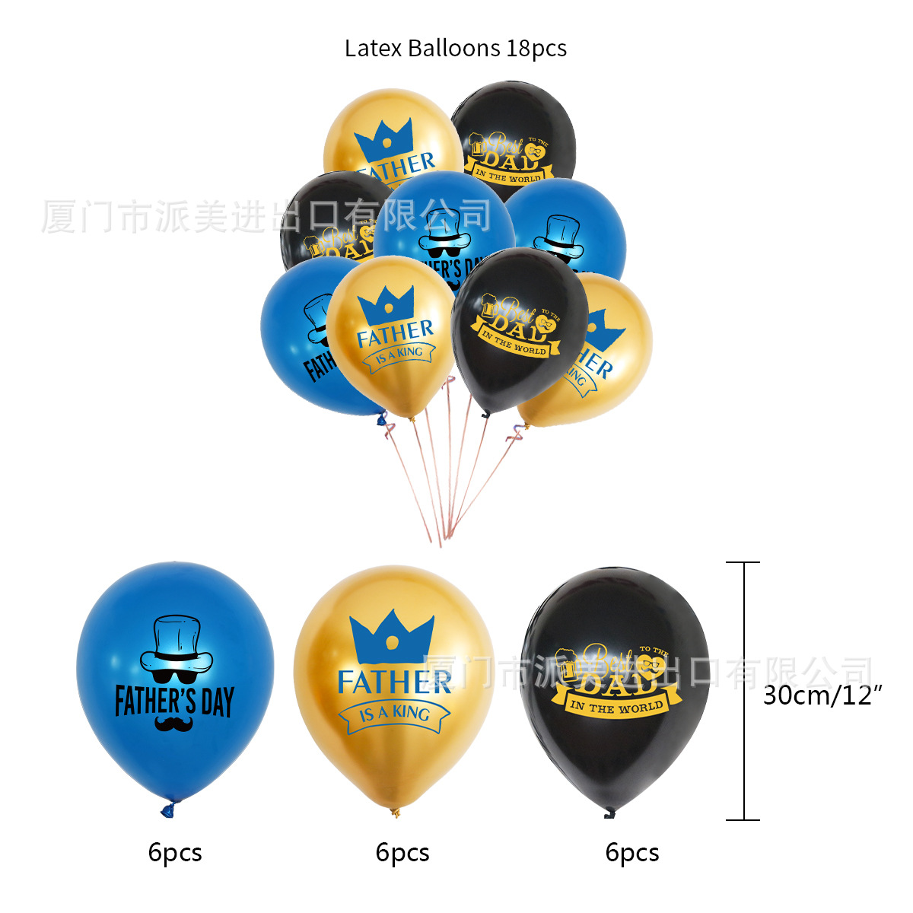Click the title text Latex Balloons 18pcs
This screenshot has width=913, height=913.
coord(455,49)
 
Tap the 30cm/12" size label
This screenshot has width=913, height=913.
coord(822,695)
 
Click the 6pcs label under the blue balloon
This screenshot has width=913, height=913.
coord(175,852)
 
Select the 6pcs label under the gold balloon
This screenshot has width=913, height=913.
coord(402,852)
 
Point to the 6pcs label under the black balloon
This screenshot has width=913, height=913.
coord(632,852)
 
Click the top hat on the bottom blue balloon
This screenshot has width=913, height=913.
coord(176,640)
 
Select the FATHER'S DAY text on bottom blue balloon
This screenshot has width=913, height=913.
coord(174,701)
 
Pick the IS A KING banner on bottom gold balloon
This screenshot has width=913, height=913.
coord(394,714)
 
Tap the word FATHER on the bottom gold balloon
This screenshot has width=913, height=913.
coord(394,682)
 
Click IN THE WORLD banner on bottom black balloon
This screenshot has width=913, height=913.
coord(617,706)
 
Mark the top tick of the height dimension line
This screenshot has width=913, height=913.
coord(743,563)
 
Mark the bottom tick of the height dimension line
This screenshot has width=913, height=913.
coord(743,820)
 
